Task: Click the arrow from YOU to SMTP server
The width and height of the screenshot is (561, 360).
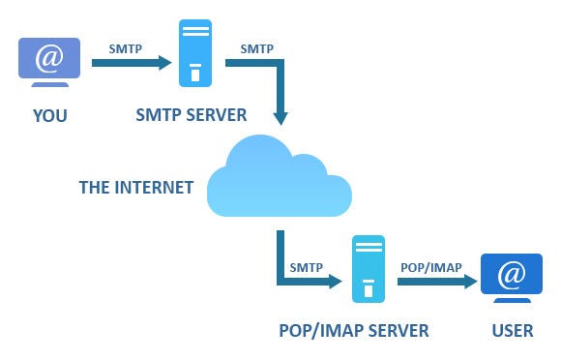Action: (131, 64)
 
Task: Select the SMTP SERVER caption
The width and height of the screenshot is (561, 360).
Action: (192, 114)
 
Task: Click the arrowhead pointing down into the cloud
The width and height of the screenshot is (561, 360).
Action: (280, 119)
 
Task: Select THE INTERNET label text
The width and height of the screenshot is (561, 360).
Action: (135, 186)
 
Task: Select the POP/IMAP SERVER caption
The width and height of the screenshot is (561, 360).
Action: (353, 331)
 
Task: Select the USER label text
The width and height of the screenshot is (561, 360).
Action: (512, 331)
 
